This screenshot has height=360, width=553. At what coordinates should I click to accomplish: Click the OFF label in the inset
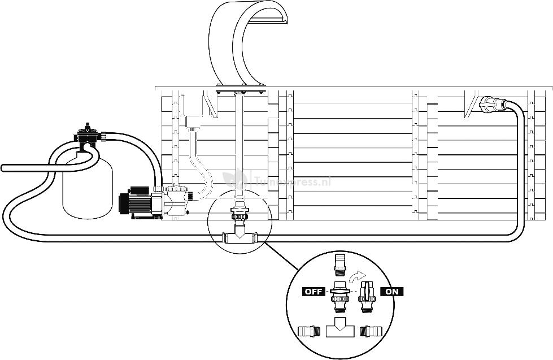pos(313,292)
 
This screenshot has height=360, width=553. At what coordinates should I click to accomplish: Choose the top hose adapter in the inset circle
pos(340,262)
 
